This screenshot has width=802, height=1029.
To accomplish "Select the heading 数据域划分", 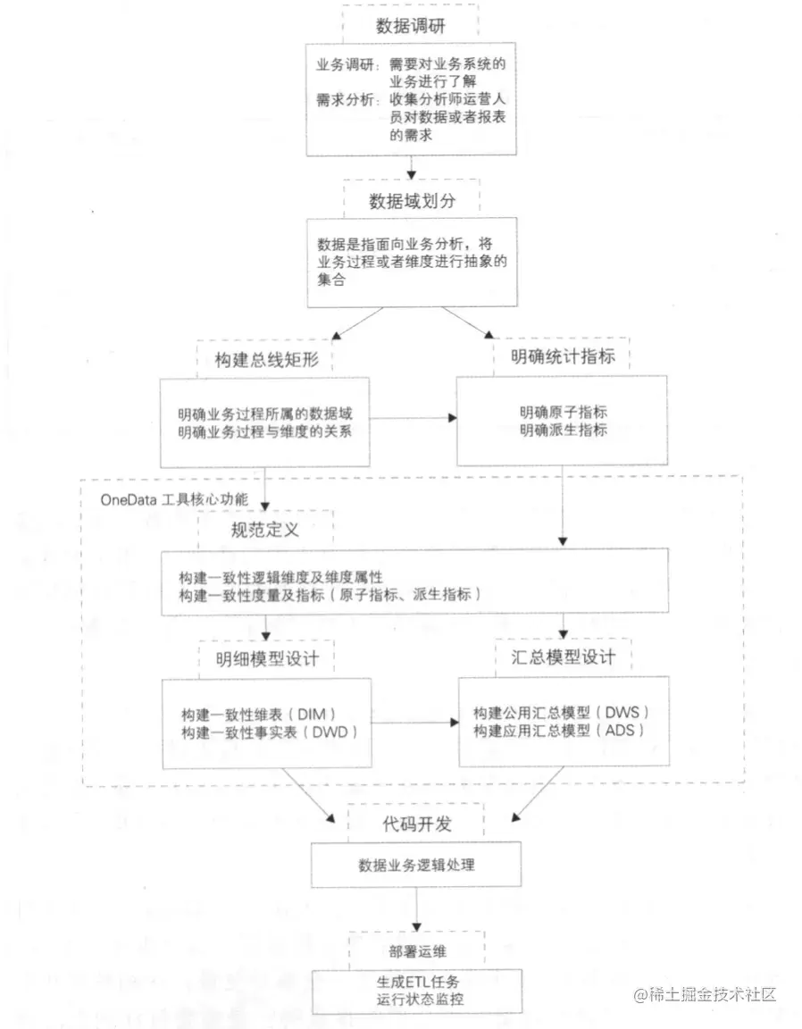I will click(x=412, y=200).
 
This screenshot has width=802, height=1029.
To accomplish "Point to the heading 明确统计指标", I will click(x=563, y=359).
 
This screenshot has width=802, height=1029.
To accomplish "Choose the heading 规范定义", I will click(x=265, y=529).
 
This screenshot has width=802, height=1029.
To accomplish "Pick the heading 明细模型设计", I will click(x=267, y=658).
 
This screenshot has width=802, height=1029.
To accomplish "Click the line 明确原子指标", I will click(x=564, y=413).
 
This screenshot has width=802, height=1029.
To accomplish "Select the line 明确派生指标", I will click(x=564, y=430).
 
